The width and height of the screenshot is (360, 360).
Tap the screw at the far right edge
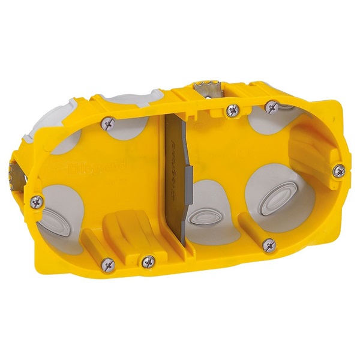click(339, 170)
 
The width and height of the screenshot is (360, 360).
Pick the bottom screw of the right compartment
click(269, 244)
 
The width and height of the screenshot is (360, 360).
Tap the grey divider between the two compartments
click(175, 198)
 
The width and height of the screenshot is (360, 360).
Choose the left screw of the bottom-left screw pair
click(108, 262)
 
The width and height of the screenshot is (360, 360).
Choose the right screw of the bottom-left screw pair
click(147, 260)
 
